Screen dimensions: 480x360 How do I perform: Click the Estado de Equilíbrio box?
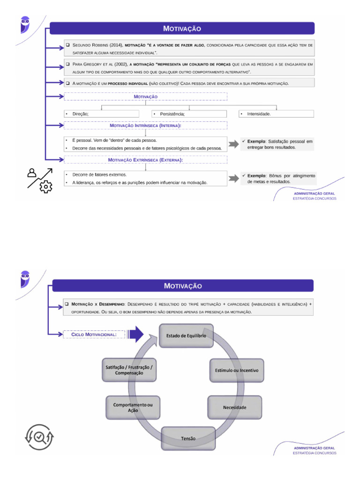coord(186,336)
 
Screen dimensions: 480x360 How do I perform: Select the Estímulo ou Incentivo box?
coord(236,370)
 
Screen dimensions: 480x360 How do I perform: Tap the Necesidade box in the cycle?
coord(234,407)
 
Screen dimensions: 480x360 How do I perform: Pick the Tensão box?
coord(188,439)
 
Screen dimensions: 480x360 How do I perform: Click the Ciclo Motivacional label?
coord(94,335)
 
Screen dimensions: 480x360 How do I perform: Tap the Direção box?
coord(102,114)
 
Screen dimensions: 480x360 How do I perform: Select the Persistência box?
coord(189,114)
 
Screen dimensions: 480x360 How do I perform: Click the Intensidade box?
coord(276,114)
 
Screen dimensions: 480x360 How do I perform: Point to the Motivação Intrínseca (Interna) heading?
coord(145,126)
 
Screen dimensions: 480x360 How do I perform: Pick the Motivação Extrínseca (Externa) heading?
coord(145,160)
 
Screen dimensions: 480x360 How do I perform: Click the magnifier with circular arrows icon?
coord(39,437)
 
